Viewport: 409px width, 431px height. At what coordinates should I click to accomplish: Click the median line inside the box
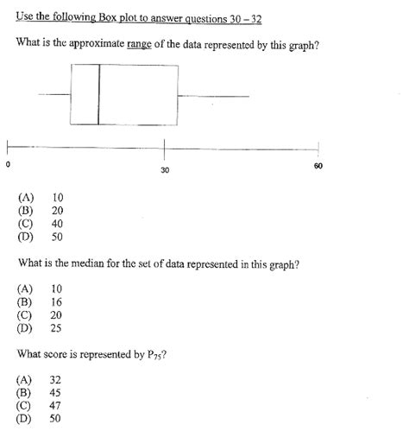[x=98, y=95]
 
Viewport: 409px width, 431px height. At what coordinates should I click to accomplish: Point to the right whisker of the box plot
[x=213, y=96]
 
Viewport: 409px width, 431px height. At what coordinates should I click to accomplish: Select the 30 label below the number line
[x=165, y=170]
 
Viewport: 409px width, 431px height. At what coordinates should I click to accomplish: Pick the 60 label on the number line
[x=318, y=165]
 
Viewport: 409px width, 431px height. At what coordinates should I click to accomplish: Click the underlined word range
[x=138, y=44]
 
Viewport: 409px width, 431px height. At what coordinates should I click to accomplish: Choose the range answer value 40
[x=57, y=223]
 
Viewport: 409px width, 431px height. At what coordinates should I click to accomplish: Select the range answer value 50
[x=57, y=236]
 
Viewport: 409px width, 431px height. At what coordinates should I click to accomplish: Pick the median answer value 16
[x=57, y=302]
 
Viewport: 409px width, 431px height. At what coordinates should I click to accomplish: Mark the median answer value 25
[x=57, y=327]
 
